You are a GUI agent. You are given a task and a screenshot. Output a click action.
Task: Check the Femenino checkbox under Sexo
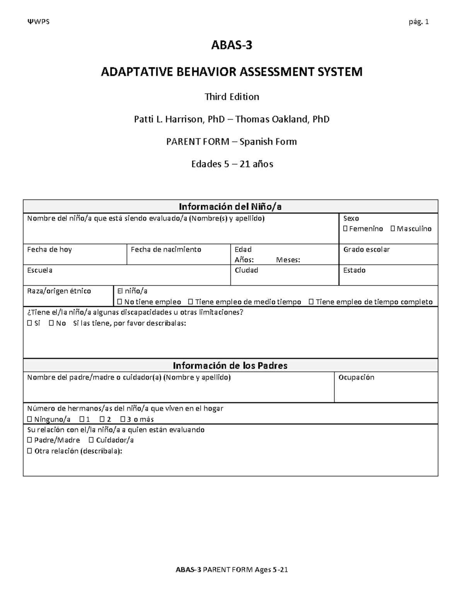click(345, 229)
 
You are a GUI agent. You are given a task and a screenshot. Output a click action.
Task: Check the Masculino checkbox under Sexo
click(393, 229)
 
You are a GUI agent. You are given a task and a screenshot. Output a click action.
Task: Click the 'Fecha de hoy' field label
click(49, 250)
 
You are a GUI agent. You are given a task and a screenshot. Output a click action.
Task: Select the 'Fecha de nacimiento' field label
click(166, 250)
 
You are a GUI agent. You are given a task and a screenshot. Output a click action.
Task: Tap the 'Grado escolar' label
click(366, 250)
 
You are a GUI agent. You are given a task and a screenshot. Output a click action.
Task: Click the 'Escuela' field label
click(39, 270)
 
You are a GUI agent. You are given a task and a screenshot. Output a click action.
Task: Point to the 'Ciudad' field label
click(246, 270)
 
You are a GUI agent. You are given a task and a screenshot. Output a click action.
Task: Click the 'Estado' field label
click(354, 270)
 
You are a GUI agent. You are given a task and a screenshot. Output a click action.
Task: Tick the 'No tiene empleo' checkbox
click(119, 302)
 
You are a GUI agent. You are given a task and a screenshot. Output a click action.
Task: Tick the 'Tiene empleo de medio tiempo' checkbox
click(190, 302)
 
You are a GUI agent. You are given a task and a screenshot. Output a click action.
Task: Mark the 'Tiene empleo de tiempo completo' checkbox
click(311, 302)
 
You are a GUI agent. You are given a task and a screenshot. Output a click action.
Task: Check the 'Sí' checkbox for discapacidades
click(30, 323)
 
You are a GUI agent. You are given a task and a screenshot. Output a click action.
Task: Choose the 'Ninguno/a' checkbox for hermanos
click(30, 419)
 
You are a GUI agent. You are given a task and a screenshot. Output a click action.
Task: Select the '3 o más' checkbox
click(123, 419)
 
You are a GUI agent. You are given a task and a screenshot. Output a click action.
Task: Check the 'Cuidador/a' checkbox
click(91, 440)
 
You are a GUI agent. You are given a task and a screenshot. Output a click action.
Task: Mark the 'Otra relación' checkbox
click(30, 451)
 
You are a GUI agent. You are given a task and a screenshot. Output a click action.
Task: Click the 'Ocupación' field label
click(356, 377)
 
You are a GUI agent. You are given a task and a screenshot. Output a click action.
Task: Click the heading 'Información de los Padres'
click(230, 366)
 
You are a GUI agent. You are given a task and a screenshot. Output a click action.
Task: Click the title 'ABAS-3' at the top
click(231, 46)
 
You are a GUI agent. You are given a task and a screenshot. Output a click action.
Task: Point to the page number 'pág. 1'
click(419, 22)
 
